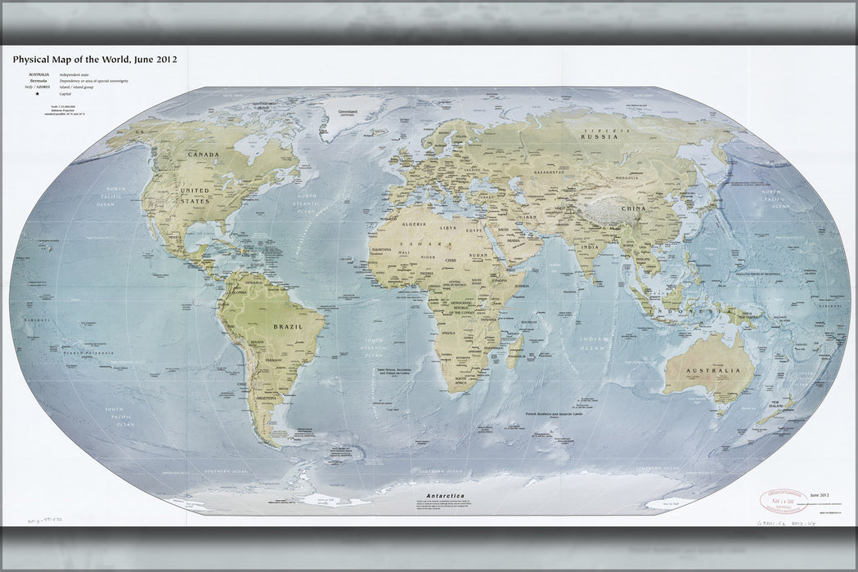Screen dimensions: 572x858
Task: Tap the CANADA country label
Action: (x=204, y=154)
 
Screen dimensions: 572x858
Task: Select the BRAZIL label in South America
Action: (x=287, y=326)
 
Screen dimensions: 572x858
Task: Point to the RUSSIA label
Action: (x=598, y=137)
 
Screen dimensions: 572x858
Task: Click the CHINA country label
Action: (x=633, y=208)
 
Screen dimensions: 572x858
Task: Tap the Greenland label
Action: (x=343, y=111)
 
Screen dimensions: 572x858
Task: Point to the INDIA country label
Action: (x=589, y=247)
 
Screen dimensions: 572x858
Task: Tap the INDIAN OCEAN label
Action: (x=594, y=343)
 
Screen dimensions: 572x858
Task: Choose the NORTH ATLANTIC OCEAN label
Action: (x=305, y=203)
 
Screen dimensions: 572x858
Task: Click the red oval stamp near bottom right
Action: (x=783, y=500)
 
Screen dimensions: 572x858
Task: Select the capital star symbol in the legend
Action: (x=38, y=94)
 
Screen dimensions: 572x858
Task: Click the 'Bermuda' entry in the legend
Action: (x=38, y=81)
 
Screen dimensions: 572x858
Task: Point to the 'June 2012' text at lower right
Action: (x=820, y=495)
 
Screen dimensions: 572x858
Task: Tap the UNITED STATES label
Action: (x=195, y=195)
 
